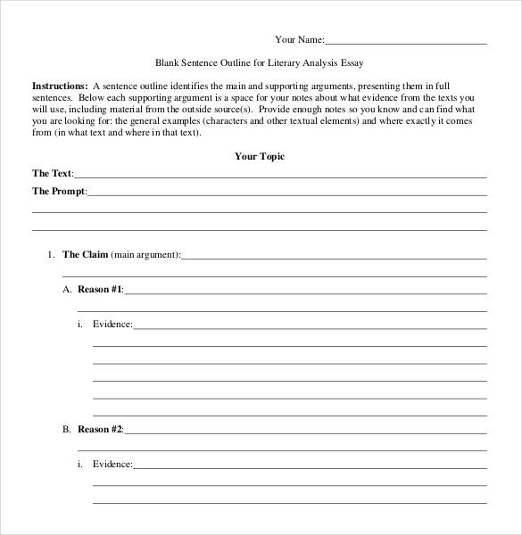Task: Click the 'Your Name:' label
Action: [x=300, y=39]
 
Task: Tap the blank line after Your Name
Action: [x=406, y=42]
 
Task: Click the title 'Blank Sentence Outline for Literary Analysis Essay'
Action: [x=260, y=63]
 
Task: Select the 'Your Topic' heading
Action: [x=260, y=156]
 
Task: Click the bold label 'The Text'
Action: [x=52, y=173]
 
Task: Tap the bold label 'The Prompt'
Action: [x=59, y=191]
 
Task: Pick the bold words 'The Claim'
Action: [x=85, y=254]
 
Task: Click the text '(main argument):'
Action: [x=145, y=254]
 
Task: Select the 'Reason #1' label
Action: [x=100, y=290]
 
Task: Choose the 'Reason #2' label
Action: [x=100, y=429]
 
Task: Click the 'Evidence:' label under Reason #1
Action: [x=112, y=324]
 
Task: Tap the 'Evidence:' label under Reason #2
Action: [x=112, y=464]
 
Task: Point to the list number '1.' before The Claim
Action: [x=51, y=254]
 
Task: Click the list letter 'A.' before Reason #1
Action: [x=66, y=290]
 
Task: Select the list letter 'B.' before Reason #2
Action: [x=66, y=429]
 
